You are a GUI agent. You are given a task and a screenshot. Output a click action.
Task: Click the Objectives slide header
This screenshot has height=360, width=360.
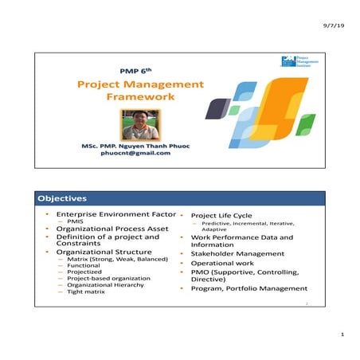click(x=61, y=198)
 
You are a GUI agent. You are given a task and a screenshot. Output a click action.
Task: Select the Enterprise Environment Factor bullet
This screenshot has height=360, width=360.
click(x=110, y=214)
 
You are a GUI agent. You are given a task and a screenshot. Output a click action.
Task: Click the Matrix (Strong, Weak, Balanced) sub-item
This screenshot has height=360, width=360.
click(x=118, y=259)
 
